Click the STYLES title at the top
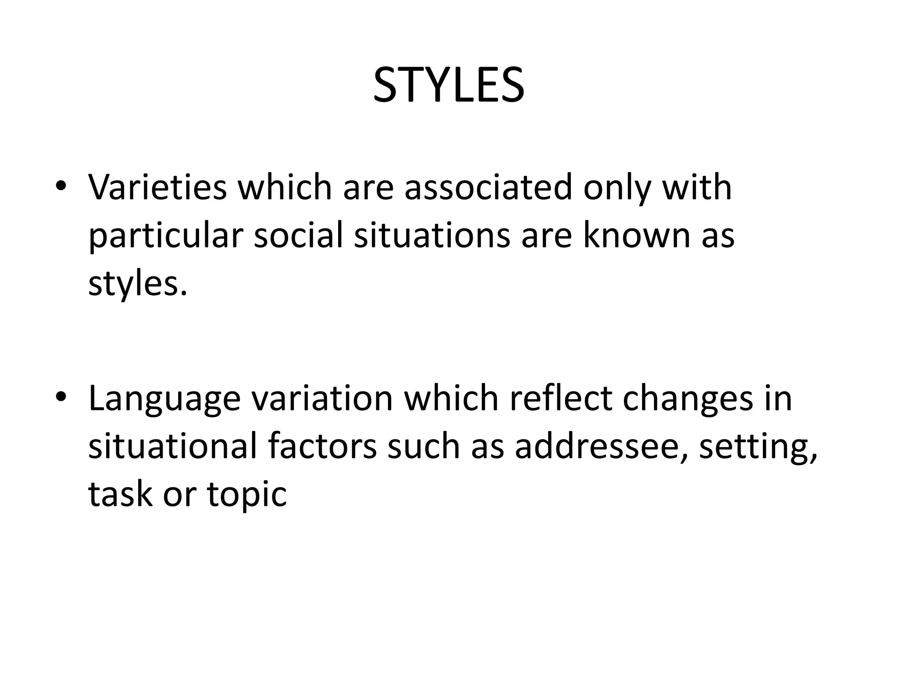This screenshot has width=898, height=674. pos(449,86)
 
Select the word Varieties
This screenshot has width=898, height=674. pos(157,188)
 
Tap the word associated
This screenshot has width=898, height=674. pos(488,188)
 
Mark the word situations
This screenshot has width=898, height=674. pos(432,235)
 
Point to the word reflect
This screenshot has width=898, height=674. pos(560,398)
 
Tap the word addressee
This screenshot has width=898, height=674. pos(597,446)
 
